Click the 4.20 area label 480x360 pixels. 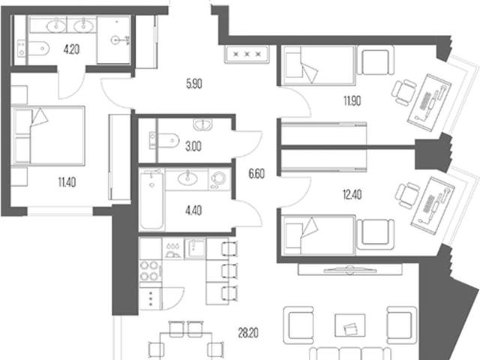[71, 49]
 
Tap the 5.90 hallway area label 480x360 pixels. [194, 83]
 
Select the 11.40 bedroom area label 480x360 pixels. [67, 182]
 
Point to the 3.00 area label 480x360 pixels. [193, 146]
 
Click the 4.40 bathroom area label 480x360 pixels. [193, 211]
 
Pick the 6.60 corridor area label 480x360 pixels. [256, 174]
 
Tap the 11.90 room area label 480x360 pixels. [352, 100]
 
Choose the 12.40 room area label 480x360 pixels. [352, 194]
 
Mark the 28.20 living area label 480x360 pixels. [248, 333]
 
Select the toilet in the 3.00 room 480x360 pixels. [164, 140]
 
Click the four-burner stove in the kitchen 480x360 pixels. [150, 271]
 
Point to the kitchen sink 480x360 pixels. [195, 248]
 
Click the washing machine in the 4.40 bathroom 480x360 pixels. [219, 179]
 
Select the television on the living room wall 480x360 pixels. [350, 270]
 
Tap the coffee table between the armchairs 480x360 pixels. [350, 325]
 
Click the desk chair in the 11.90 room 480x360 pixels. [404, 92]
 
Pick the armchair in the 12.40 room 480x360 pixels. [375, 234]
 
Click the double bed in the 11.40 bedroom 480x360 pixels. [48, 136]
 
